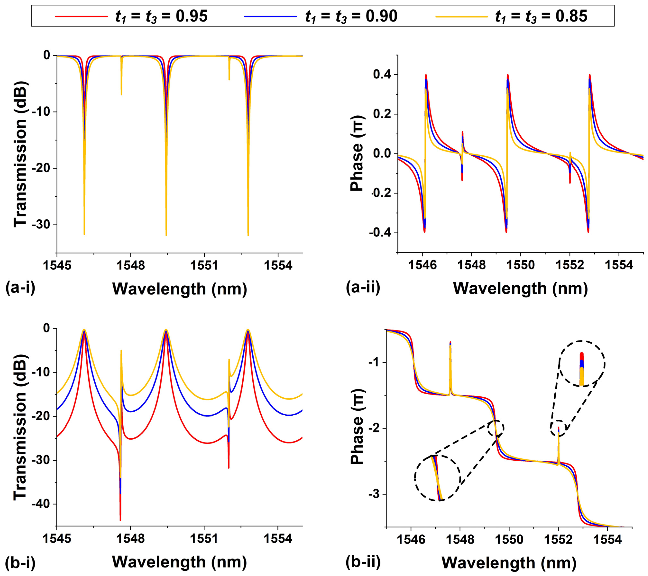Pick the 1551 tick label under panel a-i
coord(204,266)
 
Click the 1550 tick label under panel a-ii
coord(521,266)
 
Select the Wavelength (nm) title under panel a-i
coord(180,289)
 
